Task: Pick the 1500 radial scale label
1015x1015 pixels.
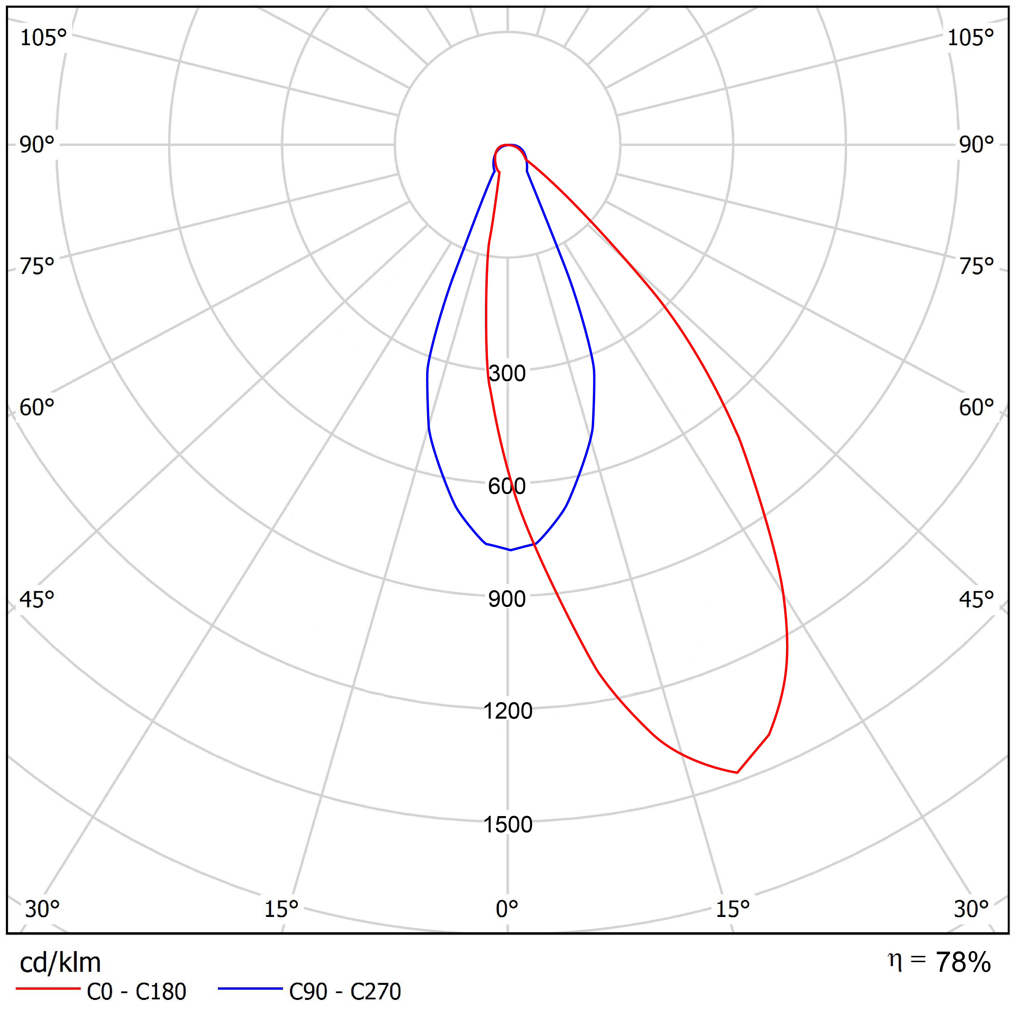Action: coord(507,824)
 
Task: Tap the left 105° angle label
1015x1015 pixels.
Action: coord(43,38)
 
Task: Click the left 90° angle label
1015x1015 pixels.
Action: coord(37,145)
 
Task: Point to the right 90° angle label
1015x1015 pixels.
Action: coord(976,145)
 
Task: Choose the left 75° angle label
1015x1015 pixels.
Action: coord(37,267)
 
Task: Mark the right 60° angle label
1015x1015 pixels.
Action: coord(976,407)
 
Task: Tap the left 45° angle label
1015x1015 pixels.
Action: coord(37,599)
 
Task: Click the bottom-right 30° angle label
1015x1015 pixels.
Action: coord(971,909)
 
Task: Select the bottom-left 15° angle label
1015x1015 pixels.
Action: coord(281,909)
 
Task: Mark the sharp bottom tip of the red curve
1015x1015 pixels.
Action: coord(737,773)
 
